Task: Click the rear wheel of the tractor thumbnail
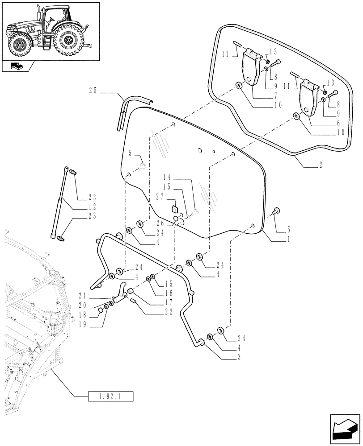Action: click(69, 41)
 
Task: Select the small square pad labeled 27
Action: click(175, 208)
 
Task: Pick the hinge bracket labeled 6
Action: click(309, 98)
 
